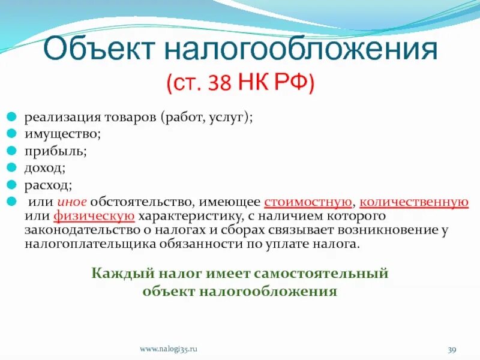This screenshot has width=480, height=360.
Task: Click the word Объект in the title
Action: [x=96, y=50]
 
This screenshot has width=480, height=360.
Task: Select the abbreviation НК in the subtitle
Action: [x=255, y=83]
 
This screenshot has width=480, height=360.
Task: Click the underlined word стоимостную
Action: [x=307, y=202]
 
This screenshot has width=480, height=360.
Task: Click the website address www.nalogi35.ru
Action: [x=169, y=349]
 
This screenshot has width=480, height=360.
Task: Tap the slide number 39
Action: [x=452, y=349]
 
